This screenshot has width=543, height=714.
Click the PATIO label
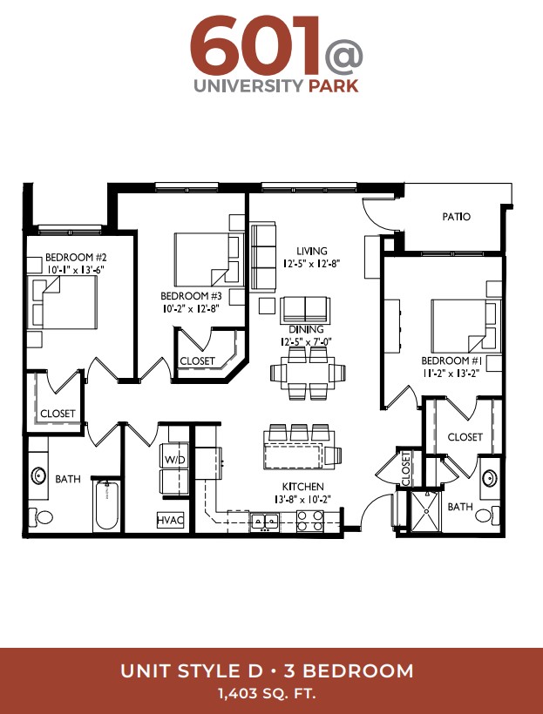(x=456, y=217)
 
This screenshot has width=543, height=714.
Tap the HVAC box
(x=171, y=520)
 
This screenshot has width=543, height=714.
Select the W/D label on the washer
(x=174, y=460)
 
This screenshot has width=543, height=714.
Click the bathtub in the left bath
(x=107, y=505)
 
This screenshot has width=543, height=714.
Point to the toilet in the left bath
(x=41, y=517)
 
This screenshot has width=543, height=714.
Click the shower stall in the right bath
(x=427, y=511)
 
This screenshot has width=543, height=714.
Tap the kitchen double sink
(x=265, y=520)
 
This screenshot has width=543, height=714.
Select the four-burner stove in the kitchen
(x=310, y=521)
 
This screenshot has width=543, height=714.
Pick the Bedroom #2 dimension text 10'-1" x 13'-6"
(x=75, y=269)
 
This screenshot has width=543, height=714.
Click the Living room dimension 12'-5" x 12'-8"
(x=312, y=263)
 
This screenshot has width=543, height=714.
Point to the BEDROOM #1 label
(x=451, y=361)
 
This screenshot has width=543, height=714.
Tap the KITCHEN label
(x=302, y=487)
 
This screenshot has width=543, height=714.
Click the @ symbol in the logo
(x=343, y=57)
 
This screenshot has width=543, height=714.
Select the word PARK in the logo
(x=333, y=85)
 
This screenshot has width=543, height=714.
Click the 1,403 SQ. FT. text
(x=268, y=694)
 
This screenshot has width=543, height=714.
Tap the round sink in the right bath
(x=490, y=478)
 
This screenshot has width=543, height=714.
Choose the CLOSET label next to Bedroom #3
(x=197, y=361)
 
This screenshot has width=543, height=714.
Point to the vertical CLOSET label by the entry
(x=406, y=468)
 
